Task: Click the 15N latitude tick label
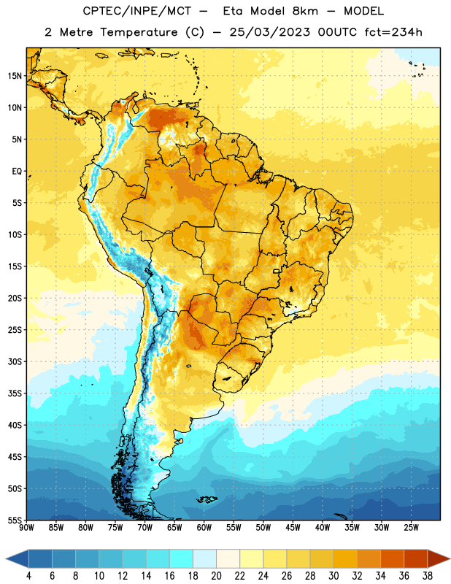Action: click(x=15, y=76)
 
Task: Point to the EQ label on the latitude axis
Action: click(x=17, y=172)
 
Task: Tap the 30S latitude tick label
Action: click(x=15, y=361)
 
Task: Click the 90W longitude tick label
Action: click(x=26, y=528)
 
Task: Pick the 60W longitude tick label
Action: click(x=204, y=528)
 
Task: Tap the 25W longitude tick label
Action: click(x=411, y=528)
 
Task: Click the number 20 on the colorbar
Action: click(x=216, y=576)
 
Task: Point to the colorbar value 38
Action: click(x=428, y=576)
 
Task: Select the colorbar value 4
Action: click(x=28, y=576)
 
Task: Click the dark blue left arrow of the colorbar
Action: click(x=18, y=558)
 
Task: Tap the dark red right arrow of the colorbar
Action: click(x=439, y=558)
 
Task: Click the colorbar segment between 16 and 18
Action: click(x=182, y=558)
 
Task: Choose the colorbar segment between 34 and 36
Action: click(x=393, y=558)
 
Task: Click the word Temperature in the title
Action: click(x=139, y=32)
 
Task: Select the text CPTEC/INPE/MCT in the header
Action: click(x=136, y=11)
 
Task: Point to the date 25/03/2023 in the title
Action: click(x=269, y=32)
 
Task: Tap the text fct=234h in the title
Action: click(x=393, y=32)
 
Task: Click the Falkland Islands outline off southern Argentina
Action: click(x=207, y=499)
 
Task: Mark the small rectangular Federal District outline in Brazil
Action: click(x=277, y=271)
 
